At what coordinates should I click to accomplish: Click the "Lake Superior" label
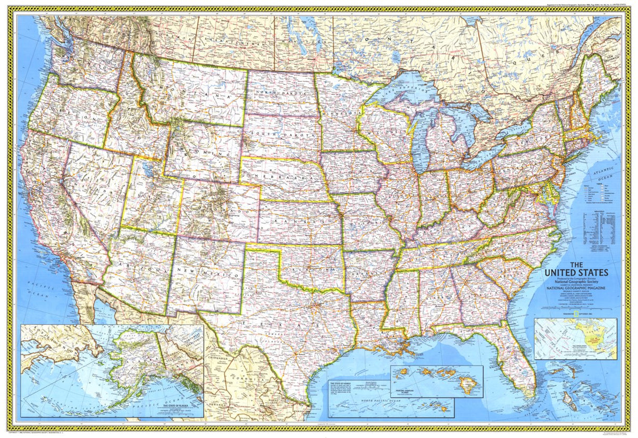(x=396, y=89)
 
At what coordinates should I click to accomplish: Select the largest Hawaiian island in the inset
(x=468, y=384)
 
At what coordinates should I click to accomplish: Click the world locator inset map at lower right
(x=576, y=338)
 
